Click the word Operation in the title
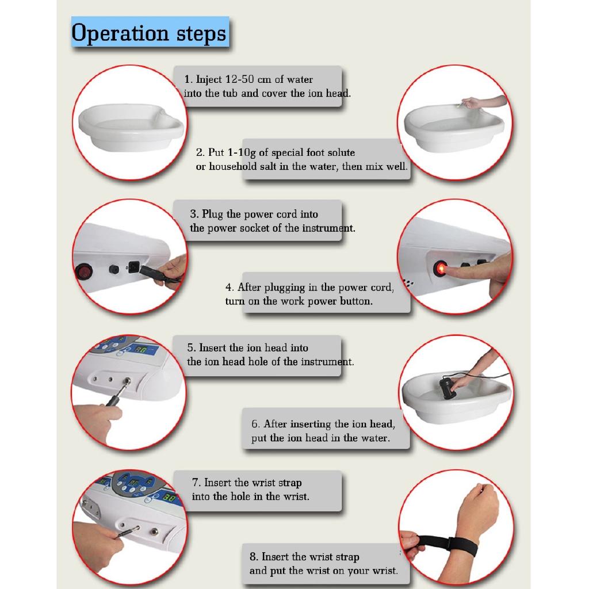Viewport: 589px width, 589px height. click(120, 33)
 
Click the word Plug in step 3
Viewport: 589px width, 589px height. click(213, 215)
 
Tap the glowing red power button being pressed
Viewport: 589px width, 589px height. click(440, 269)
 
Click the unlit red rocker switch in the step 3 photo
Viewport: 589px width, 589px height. click(83, 271)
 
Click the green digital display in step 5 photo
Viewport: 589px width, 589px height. click(141, 350)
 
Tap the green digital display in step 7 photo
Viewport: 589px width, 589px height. click(170, 498)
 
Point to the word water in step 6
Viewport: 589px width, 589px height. click(375, 438)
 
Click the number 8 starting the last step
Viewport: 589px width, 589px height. click(253, 557)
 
